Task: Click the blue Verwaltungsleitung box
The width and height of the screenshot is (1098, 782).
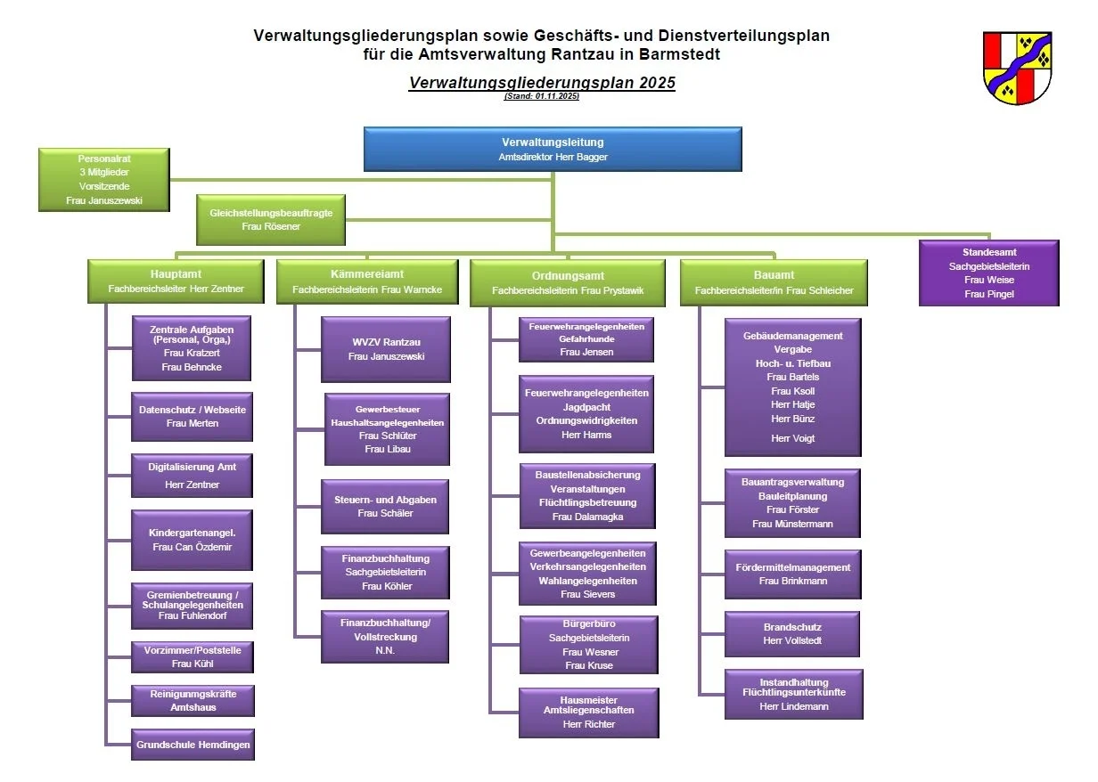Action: (553, 149)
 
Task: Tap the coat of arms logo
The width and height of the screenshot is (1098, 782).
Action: (1017, 68)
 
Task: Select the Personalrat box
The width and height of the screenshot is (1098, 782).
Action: (104, 179)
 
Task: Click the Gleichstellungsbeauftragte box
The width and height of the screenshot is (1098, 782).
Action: (271, 220)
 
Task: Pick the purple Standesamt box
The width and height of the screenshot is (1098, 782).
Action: (989, 273)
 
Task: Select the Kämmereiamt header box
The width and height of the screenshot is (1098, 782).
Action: (367, 281)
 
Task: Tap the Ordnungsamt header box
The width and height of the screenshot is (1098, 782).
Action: (568, 283)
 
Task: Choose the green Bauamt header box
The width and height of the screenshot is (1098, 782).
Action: (774, 281)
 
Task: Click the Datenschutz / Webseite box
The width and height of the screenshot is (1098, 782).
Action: (193, 416)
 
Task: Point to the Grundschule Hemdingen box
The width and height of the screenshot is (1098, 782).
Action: (193, 745)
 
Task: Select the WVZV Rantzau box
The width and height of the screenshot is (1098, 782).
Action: (386, 349)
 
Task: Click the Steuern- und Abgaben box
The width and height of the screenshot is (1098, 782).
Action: (385, 507)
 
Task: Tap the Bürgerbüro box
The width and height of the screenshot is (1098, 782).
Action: (589, 644)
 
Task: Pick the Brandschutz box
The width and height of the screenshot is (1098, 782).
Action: (792, 633)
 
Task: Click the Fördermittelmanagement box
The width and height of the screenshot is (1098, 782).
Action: (793, 574)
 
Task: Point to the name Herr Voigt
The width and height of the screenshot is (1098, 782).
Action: (792, 438)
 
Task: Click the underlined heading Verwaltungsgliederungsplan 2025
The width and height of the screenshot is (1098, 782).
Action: (542, 83)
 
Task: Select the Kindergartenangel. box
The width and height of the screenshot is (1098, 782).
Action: (193, 540)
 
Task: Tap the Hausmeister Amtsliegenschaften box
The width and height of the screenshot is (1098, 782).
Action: (589, 712)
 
